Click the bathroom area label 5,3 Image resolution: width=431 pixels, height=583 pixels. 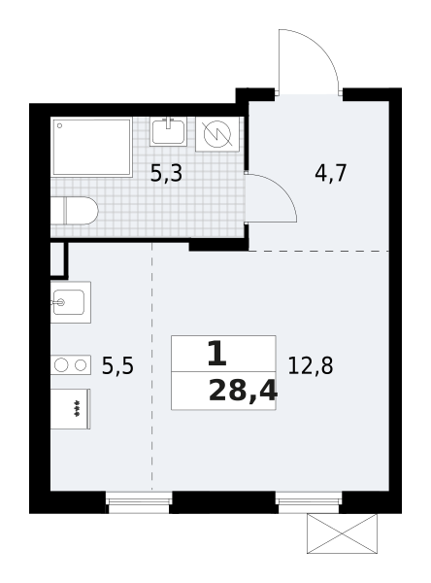pyautogui.click(x=166, y=174)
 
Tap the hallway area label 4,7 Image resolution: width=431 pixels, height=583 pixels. pyautogui.click(x=330, y=173)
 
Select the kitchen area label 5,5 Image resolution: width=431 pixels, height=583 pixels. pyautogui.click(x=117, y=366)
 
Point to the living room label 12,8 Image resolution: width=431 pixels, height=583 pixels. pyautogui.click(x=311, y=366)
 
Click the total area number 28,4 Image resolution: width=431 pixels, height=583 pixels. pyautogui.click(x=243, y=392)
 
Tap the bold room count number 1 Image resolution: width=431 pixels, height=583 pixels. pyautogui.click(x=217, y=354)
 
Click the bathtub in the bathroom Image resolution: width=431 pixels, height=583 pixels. pyautogui.click(x=91, y=147)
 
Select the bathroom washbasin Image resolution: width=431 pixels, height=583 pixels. pyautogui.click(x=168, y=131)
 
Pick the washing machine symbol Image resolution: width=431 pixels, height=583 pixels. pyautogui.click(x=217, y=134)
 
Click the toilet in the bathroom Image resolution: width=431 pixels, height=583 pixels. pyautogui.click(x=75, y=211)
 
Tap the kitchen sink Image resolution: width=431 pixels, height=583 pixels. pyautogui.click(x=71, y=302)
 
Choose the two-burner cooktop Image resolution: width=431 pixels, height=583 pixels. pyautogui.click(x=71, y=365)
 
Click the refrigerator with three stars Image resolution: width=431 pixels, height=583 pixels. pyautogui.click(x=70, y=409)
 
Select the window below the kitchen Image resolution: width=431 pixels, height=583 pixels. pyautogui.click(x=139, y=502)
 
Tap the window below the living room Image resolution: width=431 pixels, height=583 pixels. pyautogui.click(x=309, y=502)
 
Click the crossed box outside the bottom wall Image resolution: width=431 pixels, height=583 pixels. pyautogui.click(x=342, y=533)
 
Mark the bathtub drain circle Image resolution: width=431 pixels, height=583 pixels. pyautogui.click(x=59, y=125)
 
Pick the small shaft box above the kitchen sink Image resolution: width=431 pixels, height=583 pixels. pyautogui.click(x=58, y=259)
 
